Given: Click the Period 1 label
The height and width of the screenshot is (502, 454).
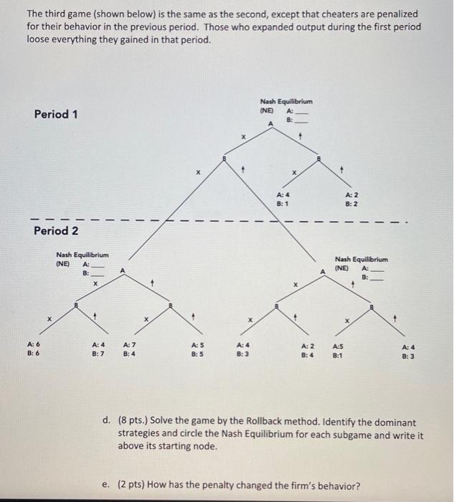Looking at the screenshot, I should point(57,114).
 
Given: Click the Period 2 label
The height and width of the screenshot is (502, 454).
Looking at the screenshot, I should point(57,231).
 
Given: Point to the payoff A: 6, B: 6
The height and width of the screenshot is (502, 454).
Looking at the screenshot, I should point(34,348).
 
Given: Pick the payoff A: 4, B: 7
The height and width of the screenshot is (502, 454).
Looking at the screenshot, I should point(98,348).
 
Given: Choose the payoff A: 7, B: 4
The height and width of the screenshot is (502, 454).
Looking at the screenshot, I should point(131,348).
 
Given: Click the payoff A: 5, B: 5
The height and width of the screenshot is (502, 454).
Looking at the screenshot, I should point(197,348).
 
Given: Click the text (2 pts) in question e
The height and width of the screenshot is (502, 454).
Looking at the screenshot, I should point(135,486).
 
